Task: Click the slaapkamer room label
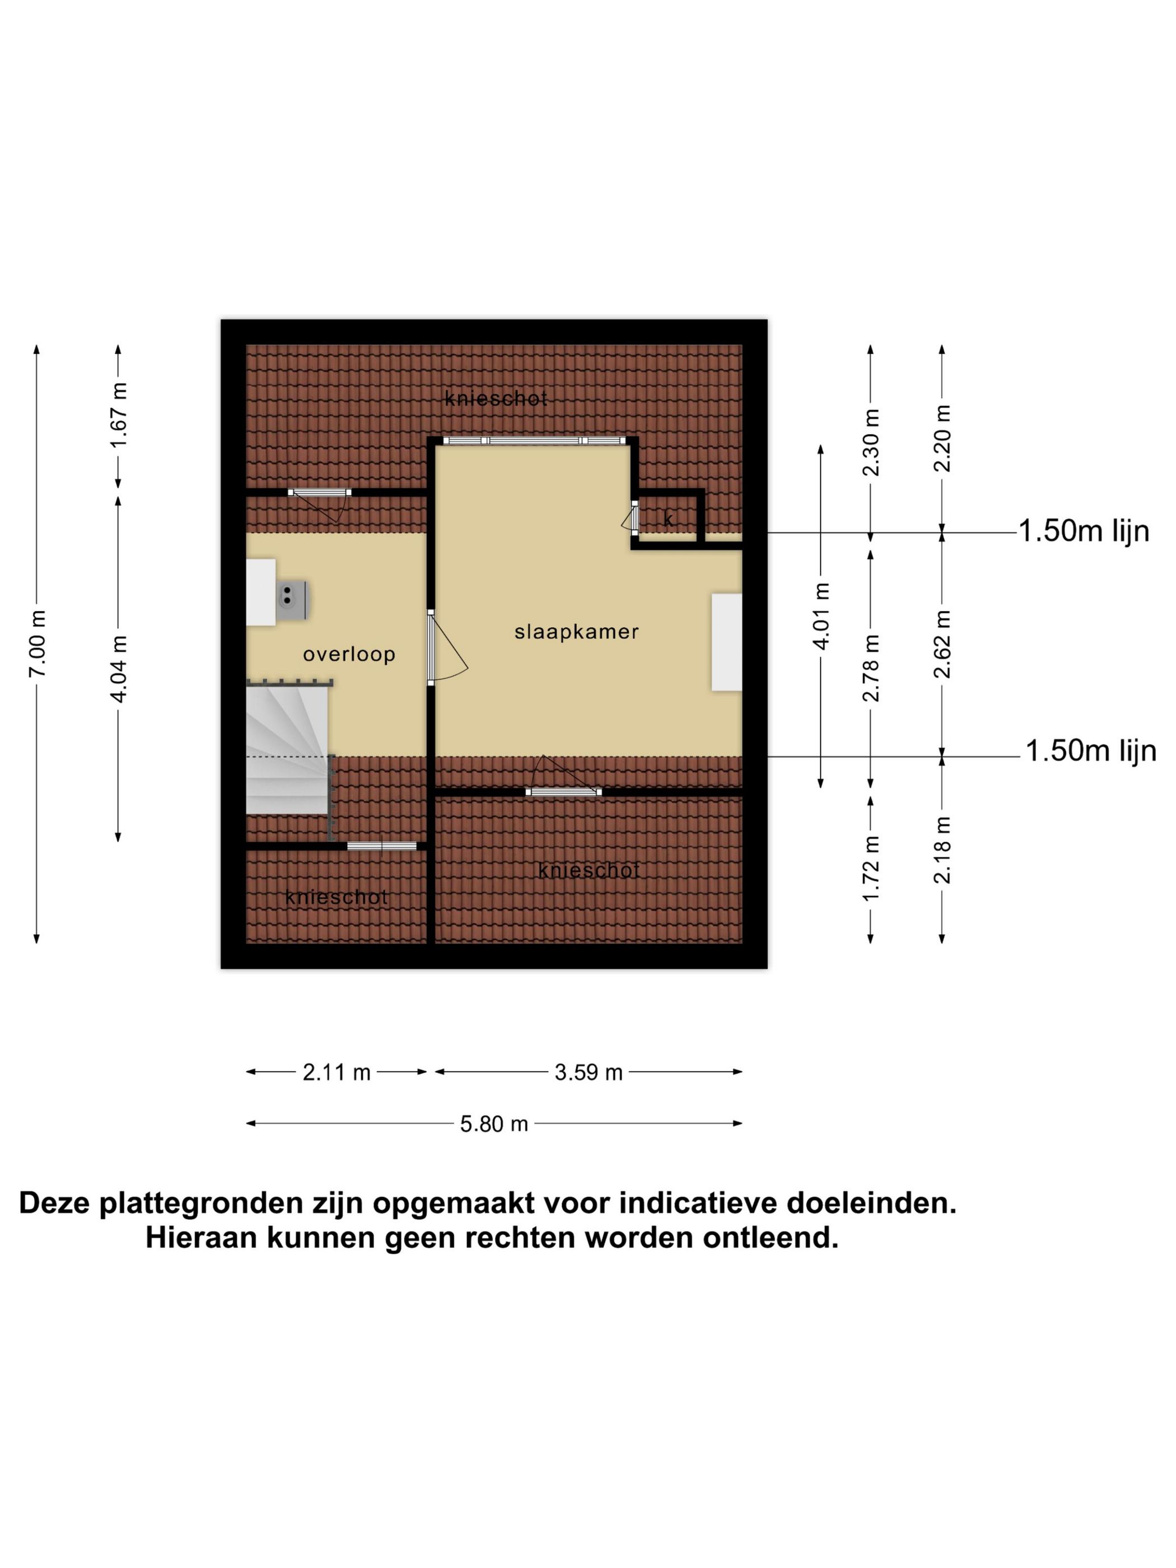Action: tap(576, 632)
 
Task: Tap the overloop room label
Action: tap(349, 654)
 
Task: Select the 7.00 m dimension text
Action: tap(38, 643)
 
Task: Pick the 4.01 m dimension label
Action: tap(821, 615)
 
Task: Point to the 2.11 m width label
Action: tap(337, 1072)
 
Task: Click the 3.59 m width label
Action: tap(589, 1072)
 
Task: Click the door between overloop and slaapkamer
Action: tap(431, 646)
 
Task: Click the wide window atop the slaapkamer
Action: tap(535, 440)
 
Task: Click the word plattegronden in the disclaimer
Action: tap(192, 1203)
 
